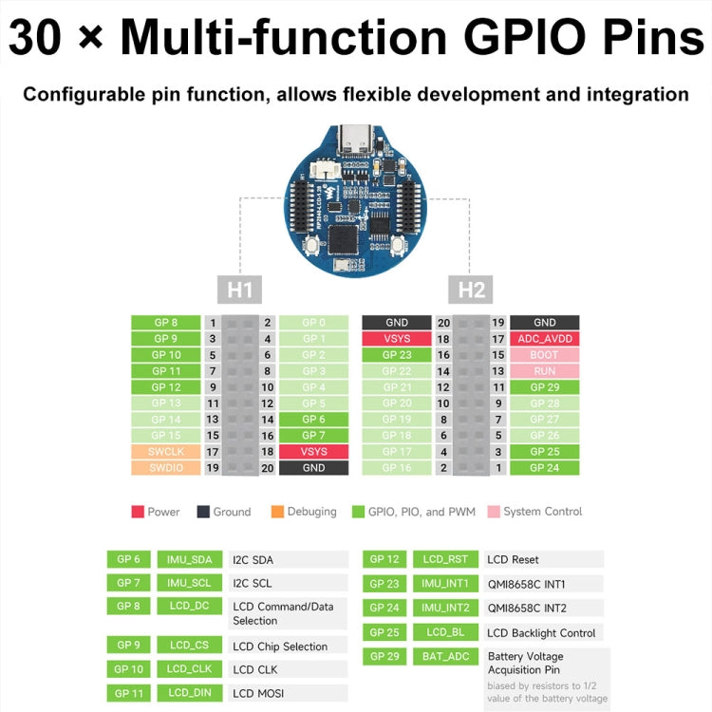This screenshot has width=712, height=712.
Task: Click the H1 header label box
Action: pyautogui.click(x=240, y=289)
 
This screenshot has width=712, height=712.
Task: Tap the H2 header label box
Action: pyautogui.click(x=471, y=289)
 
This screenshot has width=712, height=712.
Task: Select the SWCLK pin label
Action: pyautogui.click(x=166, y=452)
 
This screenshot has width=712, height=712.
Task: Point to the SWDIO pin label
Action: pyautogui.click(x=166, y=468)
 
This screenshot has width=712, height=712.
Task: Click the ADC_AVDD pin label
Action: pyautogui.click(x=545, y=339)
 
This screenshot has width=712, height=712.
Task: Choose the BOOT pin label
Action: pyautogui.click(x=545, y=355)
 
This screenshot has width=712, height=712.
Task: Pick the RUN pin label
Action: pyautogui.click(x=545, y=371)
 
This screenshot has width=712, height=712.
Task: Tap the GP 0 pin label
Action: pyautogui.click(x=313, y=323)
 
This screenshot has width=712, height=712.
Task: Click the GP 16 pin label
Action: pyautogui.click(x=397, y=468)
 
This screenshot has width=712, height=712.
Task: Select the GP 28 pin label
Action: pyautogui.click(x=545, y=403)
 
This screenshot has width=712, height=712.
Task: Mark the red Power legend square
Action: pyautogui.click(x=138, y=512)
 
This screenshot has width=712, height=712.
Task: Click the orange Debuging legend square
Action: pyautogui.click(x=277, y=512)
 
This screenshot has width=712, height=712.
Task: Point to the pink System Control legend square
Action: pyautogui.click(x=494, y=512)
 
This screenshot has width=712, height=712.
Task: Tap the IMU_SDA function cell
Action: pyautogui.click(x=188, y=560)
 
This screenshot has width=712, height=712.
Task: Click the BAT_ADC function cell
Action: pyautogui.click(x=444, y=656)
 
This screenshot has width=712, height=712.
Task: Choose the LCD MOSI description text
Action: pyautogui.click(x=258, y=694)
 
